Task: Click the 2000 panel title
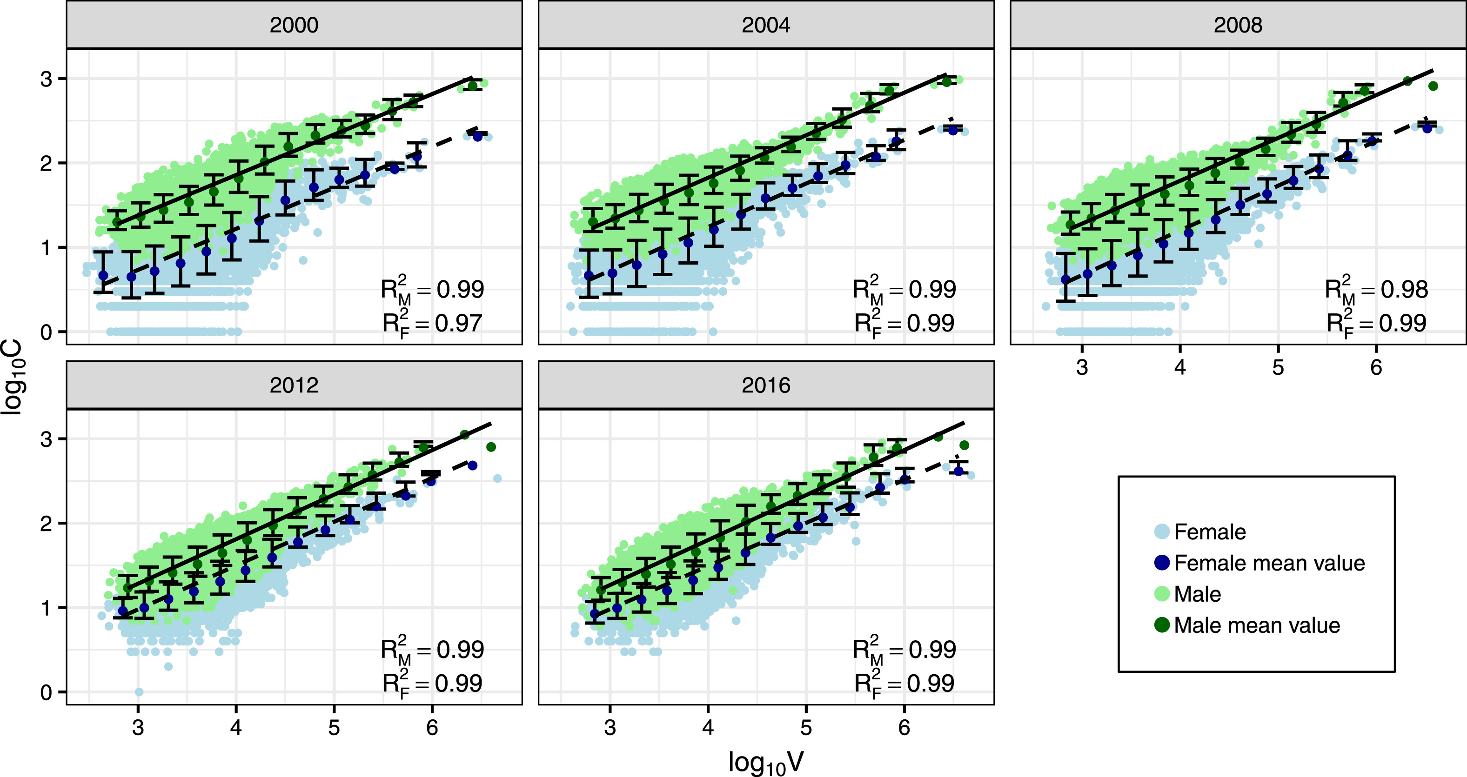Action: (294, 25)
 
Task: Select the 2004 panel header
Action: (765, 25)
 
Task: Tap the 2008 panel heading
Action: (1238, 25)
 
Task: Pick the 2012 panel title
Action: (294, 385)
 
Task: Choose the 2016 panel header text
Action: (765, 385)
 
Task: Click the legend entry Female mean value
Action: (1269, 563)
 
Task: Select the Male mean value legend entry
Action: (1256, 625)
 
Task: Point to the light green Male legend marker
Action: (1162, 594)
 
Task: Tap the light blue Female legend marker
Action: (1162, 531)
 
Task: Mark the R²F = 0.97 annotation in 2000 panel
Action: (432, 323)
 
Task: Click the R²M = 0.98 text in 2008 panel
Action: (1376, 290)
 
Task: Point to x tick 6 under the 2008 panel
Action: (1376, 368)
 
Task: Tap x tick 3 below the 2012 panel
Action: (138, 727)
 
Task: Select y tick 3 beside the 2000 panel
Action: (46, 79)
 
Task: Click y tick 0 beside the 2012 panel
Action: (46, 693)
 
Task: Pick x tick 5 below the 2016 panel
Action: (806, 727)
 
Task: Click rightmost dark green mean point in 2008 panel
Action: (1434, 86)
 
